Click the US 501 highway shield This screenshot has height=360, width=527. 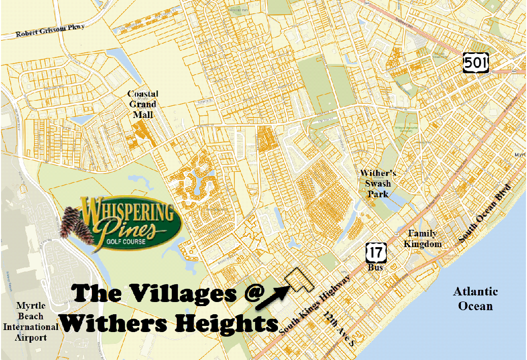point(476,63)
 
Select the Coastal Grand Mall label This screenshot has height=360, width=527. point(142,104)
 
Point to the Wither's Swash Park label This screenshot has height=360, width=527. point(378,184)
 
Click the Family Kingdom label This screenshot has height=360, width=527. point(420,239)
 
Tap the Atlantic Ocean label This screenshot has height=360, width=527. point(475,298)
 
